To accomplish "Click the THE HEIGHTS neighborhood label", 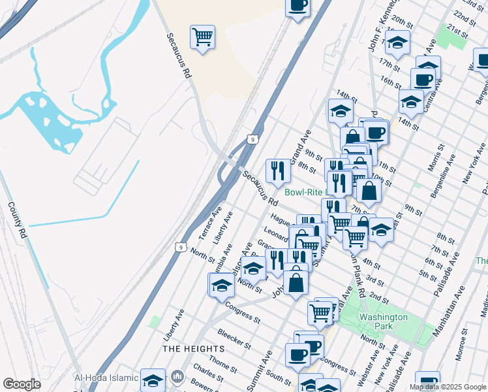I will click(x=190, y=348).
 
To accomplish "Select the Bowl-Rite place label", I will click(x=305, y=192).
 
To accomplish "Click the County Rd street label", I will click(x=17, y=220).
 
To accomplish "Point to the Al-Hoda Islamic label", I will click(x=106, y=378).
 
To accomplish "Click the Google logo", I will click(x=22, y=384).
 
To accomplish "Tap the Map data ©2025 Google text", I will click(x=447, y=387).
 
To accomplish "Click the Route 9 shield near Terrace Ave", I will click(x=180, y=246).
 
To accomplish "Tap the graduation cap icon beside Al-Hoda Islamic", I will click(x=153, y=380).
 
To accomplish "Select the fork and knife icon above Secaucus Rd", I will click(x=278, y=171).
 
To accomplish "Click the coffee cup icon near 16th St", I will click(x=422, y=80).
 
